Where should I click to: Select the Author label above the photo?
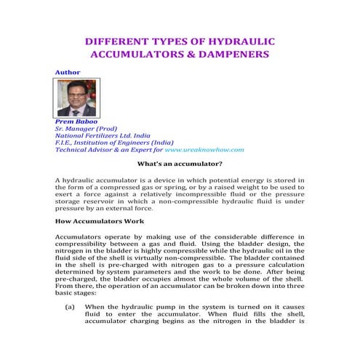click(x=68, y=72)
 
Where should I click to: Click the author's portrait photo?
click(x=76, y=97)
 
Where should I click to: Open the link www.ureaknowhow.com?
click(x=204, y=149)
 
